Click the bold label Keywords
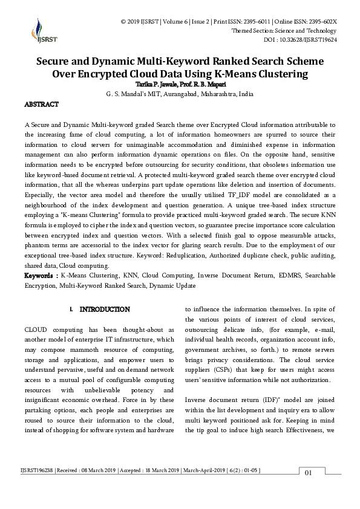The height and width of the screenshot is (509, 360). (x=40, y=276)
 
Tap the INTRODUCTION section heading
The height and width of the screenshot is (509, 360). (x=105, y=310)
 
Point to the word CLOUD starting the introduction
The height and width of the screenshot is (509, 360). (x=37, y=330)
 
